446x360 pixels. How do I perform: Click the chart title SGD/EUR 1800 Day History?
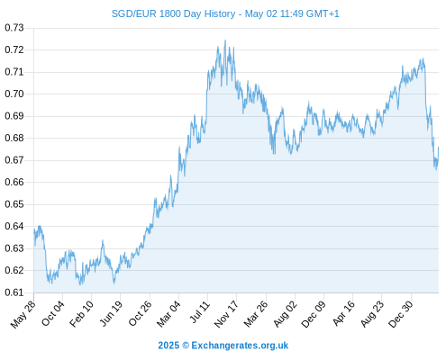pos(173,13)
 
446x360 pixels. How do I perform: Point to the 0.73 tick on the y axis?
pos(14,28)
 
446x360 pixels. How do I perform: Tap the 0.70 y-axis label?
pos(14,94)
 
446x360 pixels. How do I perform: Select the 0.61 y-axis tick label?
pos(14,292)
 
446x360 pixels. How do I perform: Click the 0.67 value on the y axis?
pos(14,160)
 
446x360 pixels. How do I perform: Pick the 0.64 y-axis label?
pos(14,226)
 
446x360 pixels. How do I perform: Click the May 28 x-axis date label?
pos(23,314)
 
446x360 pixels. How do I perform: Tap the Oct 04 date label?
pos(53,313)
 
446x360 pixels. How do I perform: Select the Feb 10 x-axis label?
pos(82,313)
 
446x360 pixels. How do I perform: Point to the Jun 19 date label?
pos(111,313)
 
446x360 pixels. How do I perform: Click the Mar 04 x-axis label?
pos(168,313)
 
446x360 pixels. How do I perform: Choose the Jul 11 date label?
pos(200,312)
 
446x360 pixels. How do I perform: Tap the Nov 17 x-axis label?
pos(226,314)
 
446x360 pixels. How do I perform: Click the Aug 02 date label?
pos(286,314)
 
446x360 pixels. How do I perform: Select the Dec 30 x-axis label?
pos(401,314)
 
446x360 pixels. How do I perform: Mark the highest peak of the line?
pos(225,40)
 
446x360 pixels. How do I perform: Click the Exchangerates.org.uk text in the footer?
pos(240,346)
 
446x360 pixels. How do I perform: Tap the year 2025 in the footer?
pos(168,346)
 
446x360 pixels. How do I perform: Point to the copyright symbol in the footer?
pos(186,346)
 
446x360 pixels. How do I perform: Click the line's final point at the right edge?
pos(439,148)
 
